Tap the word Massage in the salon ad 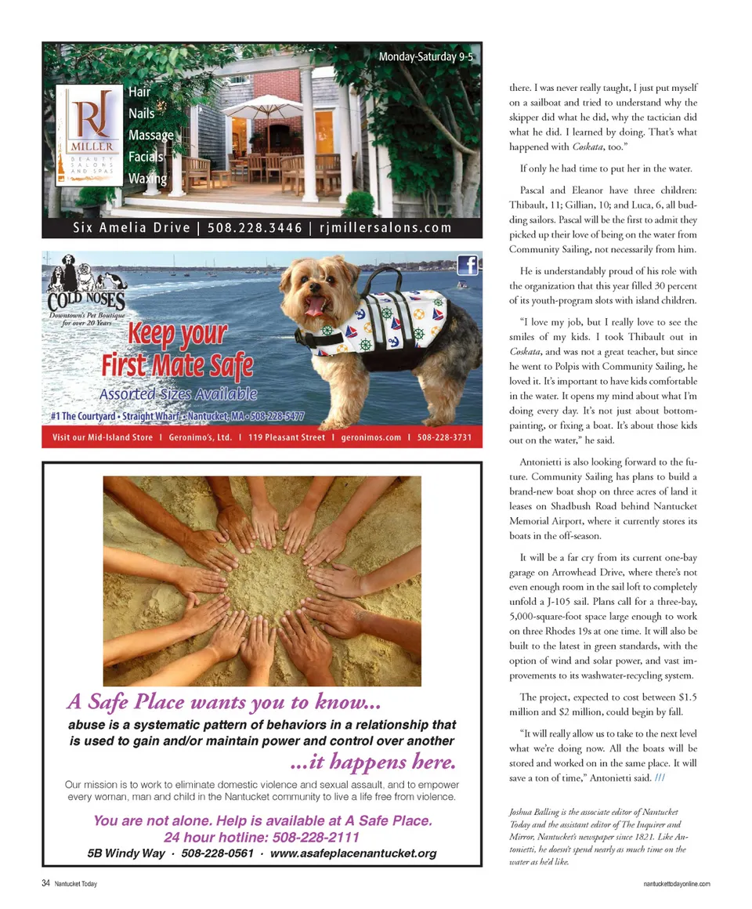(150, 136)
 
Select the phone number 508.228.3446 (255, 228)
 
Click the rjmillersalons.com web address (387, 228)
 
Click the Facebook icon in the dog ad (467, 266)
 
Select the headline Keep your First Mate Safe (177, 349)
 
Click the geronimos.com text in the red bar (371, 437)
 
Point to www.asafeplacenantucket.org (352, 853)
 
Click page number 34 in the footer (46, 883)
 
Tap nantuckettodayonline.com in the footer (676, 884)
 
